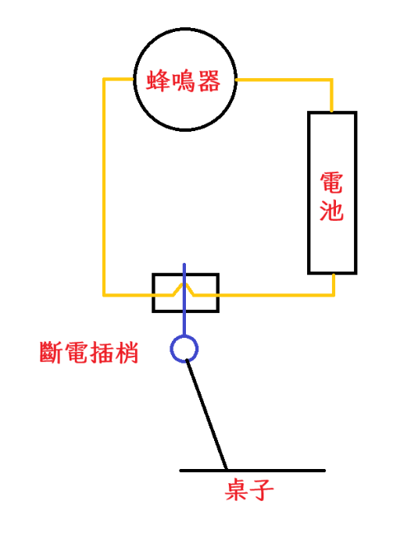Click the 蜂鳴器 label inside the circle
tap(184, 81)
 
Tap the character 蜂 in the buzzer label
tap(159, 81)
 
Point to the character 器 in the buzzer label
tap(209, 81)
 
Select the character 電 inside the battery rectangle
tap(331, 183)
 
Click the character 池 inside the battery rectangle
tap(331, 210)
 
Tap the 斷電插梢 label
tap(89, 353)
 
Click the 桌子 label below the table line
tap(249, 489)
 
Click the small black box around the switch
tap(185, 274)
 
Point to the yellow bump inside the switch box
tap(184, 284)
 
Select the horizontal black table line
tap(252, 471)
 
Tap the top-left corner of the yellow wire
tap(104, 80)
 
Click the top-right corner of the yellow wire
tap(331, 80)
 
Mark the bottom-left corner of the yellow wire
tap(104, 295)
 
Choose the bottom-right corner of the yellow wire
tap(334, 295)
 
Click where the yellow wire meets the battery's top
tap(331, 111)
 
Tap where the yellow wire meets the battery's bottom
tap(334, 274)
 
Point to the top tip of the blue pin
tap(184, 264)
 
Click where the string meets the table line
tap(227, 470)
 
